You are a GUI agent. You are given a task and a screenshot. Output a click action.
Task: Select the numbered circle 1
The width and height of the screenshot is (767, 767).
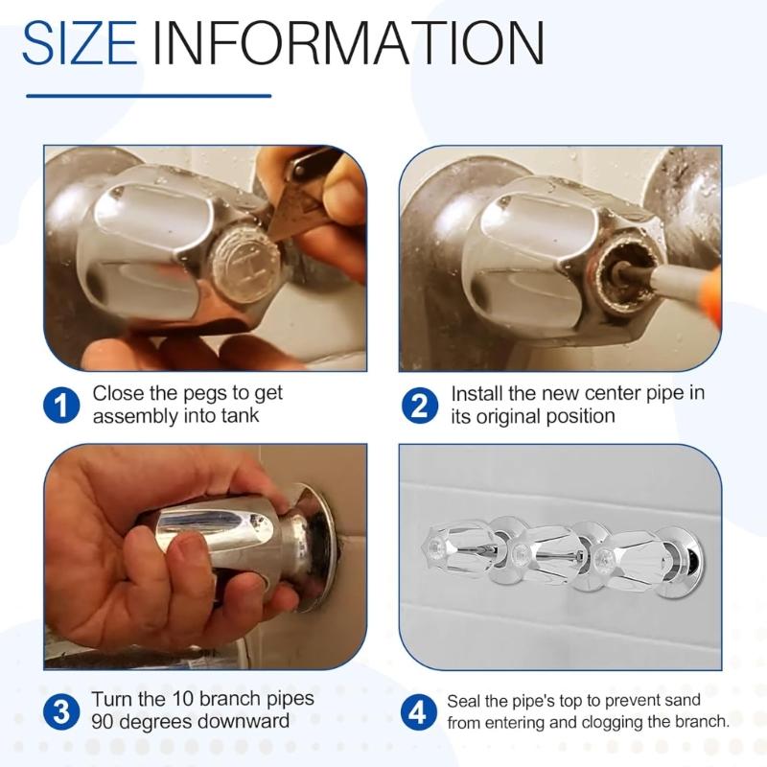pyautogui.click(x=60, y=407)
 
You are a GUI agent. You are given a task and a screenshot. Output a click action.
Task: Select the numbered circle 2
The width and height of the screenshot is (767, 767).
pyautogui.click(x=419, y=407)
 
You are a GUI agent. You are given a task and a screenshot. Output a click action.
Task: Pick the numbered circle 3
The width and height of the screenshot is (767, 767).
pyautogui.click(x=60, y=711)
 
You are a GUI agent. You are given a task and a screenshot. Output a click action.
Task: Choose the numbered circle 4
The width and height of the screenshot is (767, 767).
pyautogui.click(x=419, y=713)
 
